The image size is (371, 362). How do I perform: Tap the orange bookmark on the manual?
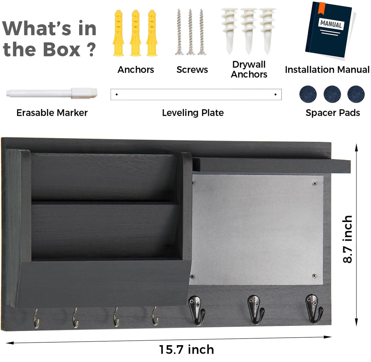[321, 8]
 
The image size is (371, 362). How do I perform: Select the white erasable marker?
[52, 93]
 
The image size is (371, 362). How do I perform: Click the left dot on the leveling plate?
[117, 94]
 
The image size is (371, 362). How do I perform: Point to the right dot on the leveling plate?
[275, 94]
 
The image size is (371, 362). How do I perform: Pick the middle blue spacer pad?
[332, 94]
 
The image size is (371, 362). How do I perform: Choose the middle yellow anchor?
[136, 33]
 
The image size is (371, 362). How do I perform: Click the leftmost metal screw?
[179, 32]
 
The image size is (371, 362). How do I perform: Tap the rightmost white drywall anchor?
[267, 31]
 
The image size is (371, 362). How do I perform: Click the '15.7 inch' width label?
[186, 349]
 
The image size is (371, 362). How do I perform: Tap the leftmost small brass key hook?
[36, 318]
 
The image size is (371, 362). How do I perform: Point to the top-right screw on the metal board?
[315, 183]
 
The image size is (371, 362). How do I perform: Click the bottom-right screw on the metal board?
[314, 276]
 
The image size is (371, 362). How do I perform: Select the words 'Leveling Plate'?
[193, 113]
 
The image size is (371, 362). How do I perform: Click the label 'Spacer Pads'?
[333, 113]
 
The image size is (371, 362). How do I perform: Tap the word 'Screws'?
[192, 70]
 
